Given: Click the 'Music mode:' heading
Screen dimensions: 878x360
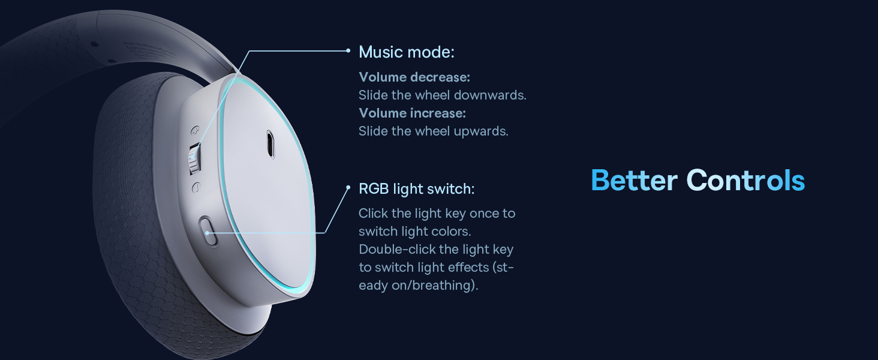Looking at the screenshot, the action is point(407,52).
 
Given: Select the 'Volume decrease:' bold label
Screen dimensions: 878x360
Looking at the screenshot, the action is point(414,77).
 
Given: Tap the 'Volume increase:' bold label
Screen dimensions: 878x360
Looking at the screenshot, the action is point(413,113).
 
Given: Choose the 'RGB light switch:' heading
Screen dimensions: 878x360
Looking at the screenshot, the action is point(416,189).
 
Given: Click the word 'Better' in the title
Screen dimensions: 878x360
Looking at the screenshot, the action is point(634,181).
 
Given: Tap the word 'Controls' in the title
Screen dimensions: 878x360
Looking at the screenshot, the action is point(745,181).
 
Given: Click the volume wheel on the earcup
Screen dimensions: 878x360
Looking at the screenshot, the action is point(194,158).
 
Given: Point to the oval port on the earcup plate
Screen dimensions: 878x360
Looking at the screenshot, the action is point(270,145).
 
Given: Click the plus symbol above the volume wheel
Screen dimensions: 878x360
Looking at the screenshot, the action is point(195,130).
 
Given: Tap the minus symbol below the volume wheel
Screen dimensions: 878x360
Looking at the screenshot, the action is point(196,188).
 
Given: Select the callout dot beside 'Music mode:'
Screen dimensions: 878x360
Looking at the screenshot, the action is point(348,50).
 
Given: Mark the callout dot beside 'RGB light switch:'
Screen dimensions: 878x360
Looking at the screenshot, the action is point(348,187).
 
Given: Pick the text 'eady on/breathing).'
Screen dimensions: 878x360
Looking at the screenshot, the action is point(418,285).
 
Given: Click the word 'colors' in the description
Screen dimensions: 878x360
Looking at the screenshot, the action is point(453,232).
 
